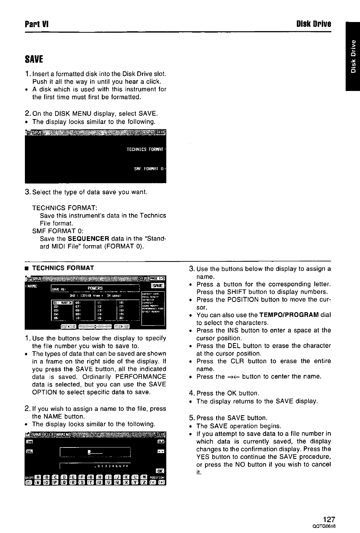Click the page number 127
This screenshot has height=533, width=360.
tap(323, 519)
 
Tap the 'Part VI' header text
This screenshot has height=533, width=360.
tap(37, 24)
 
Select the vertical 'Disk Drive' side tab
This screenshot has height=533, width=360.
tap(352, 56)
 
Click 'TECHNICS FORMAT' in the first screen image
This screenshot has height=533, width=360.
tap(145, 149)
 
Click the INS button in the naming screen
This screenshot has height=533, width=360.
tap(29, 442)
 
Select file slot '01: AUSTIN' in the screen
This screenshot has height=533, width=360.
tap(63, 302)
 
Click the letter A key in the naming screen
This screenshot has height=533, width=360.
tap(37, 477)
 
